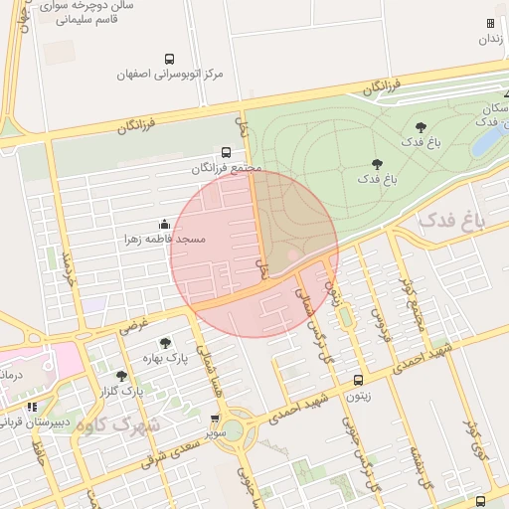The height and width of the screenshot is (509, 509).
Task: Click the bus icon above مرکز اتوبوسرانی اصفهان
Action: [x=169, y=59]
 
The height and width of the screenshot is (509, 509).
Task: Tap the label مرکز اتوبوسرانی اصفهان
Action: [x=169, y=75]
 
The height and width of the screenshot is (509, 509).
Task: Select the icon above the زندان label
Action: [x=490, y=23]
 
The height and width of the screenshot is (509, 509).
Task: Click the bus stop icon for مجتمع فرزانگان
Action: [x=227, y=153]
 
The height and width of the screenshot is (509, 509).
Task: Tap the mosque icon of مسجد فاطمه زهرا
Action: [x=163, y=225]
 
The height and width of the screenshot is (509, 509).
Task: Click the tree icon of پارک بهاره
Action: [x=165, y=343]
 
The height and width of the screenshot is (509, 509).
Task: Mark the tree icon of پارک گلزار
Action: [x=121, y=376]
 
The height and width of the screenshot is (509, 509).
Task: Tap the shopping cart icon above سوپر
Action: [x=216, y=420]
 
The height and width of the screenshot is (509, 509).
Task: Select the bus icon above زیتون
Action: [x=358, y=380]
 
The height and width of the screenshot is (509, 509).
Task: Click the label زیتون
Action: [x=358, y=395]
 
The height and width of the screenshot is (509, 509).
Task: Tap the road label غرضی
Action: [x=133, y=323]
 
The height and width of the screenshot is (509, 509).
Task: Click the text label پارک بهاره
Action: [x=165, y=357]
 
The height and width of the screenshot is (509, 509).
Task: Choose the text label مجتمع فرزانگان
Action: [x=227, y=168]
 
